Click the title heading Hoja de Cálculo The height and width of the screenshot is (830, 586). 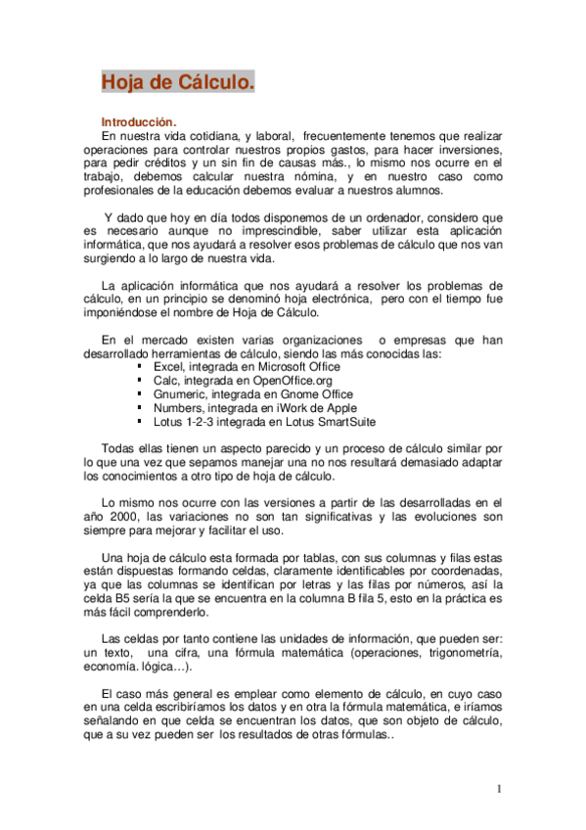[x=178, y=82]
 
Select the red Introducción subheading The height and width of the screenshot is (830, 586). [x=139, y=121]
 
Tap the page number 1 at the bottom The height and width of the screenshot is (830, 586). [x=498, y=789]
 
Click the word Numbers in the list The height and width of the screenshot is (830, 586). [x=178, y=408]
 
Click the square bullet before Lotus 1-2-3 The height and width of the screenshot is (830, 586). [x=142, y=422]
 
